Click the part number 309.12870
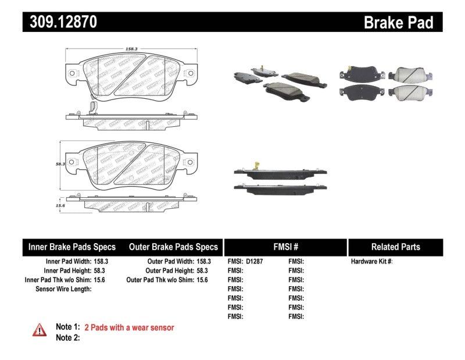click(x=60, y=22)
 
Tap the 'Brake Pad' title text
click(x=398, y=22)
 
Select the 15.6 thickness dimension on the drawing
click(x=60, y=205)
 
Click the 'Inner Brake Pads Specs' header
click(x=72, y=247)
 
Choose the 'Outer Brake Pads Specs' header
click(x=173, y=247)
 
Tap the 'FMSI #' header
click(x=285, y=247)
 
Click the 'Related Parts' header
click(x=395, y=247)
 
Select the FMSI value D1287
click(x=255, y=261)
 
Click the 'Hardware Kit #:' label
click(x=371, y=261)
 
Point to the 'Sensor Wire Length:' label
click(x=63, y=288)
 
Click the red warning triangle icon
click(x=40, y=330)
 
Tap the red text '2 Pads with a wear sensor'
click(x=129, y=327)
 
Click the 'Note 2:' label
click(x=67, y=337)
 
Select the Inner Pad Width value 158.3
click(x=101, y=261)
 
